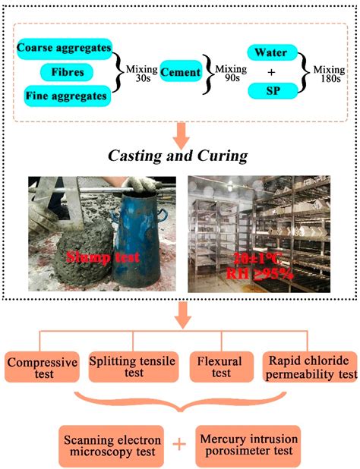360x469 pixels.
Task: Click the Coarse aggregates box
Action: pyautogui.click(x=63, y=48)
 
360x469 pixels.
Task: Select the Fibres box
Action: pyautogui.click(x=69, y=72)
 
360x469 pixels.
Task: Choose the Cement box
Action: pyautogui.click(x=181, y=72)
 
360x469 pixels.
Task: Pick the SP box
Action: pyautogui.click(x=270, y=92)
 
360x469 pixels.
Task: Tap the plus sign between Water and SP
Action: pyautogui.click(x=270, y=72)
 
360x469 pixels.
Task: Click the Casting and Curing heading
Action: pyautogui.click(x=180, y=156)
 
